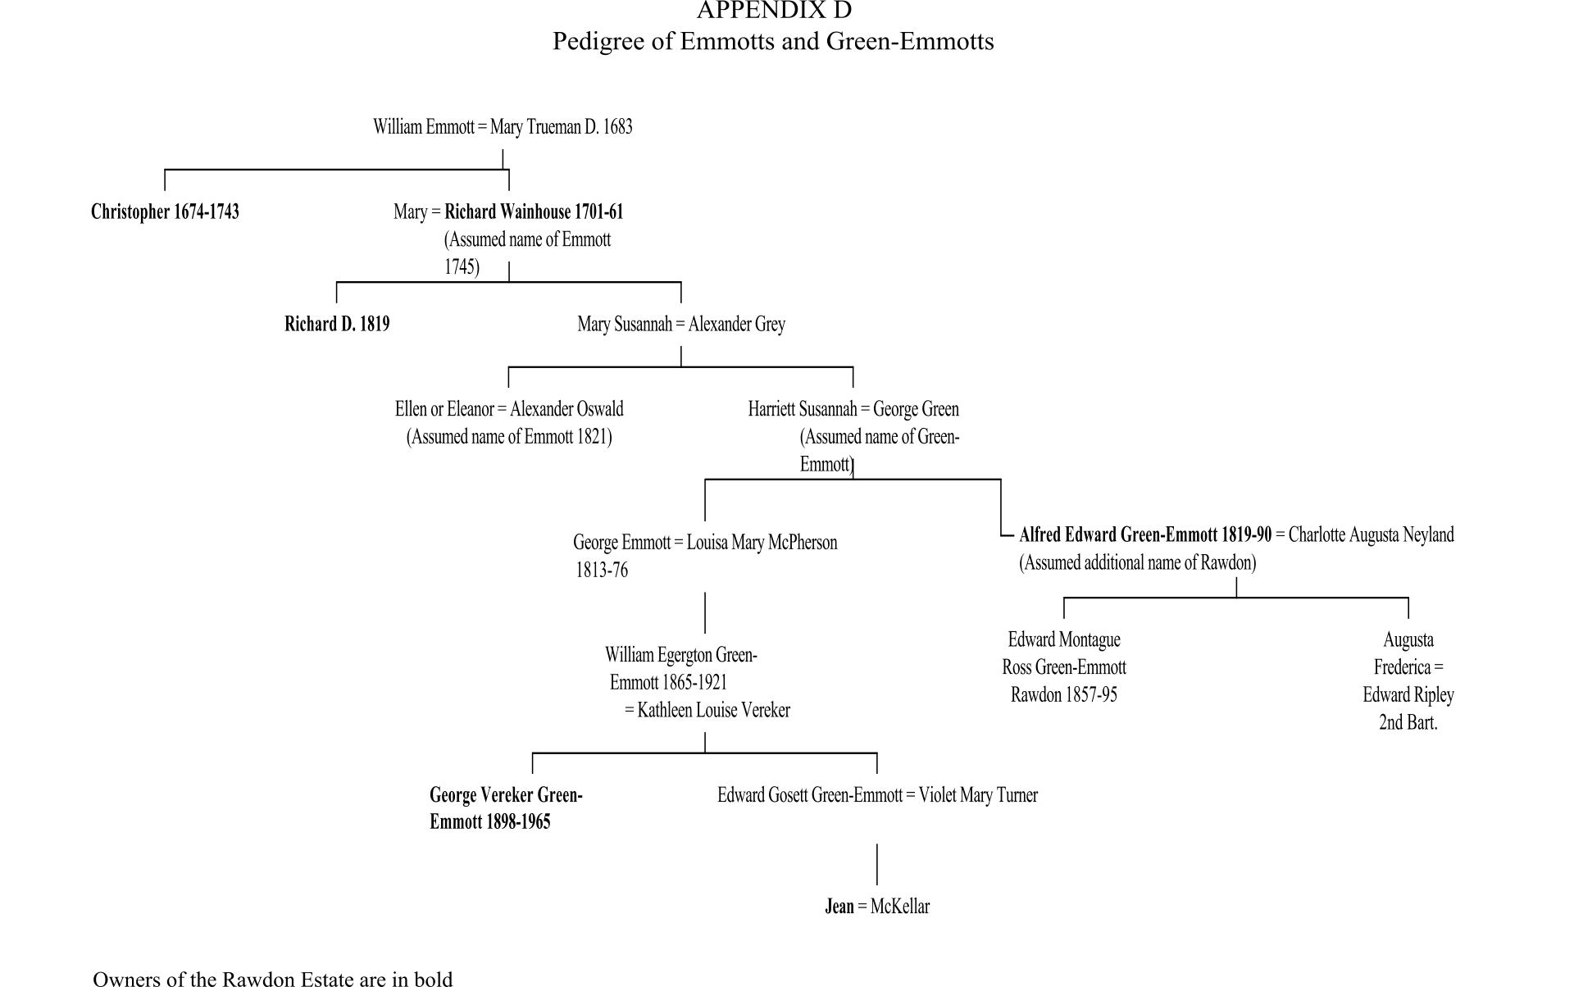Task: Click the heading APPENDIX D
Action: click(774, 11)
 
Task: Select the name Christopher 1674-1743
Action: click(165, 212)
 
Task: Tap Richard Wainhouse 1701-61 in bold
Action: click(534, 212)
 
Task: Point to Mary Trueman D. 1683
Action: click(561, 127)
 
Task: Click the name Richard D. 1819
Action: click(337, 325)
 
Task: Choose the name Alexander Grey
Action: click(736, 325)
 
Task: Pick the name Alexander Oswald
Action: click(566, 409)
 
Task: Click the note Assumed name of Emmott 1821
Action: click(509, 437)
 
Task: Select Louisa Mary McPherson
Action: click(762, 543)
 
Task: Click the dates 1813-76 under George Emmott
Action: click(602, 571)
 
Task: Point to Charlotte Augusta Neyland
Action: click(1371, 535)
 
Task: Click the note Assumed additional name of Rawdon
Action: click(1137, 563)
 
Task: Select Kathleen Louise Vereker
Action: click(713, 711)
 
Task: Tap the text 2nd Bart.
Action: click(1408, 723)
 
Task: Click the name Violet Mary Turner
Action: click(978, 795)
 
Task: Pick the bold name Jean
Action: click(839, 907)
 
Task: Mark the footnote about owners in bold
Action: click(272, 979)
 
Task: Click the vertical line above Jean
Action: click(877, 864)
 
